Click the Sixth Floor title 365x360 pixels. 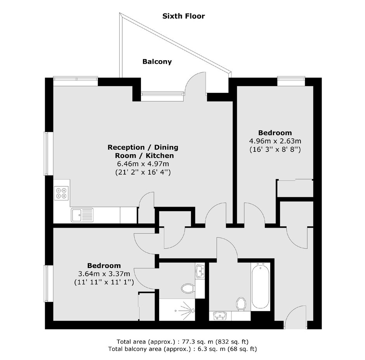click(x=183, y=16)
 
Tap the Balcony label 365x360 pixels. click(x=157, y=61)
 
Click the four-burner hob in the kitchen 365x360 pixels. click(x=61, y=193)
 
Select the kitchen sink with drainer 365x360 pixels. click(x=82, y=215)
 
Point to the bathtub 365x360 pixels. click(x=261, y=287)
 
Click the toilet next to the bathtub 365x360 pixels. click(x=241, y=304)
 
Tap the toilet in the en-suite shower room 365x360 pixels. click(x=188, y=288)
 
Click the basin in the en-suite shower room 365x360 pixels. click(x=200, y=271)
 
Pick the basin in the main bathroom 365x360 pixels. click(x=220, y=316)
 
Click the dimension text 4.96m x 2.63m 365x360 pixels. click(x=275, y=141)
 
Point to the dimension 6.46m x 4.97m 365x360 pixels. click(x=143, y=164)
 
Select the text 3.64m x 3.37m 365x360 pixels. click(x=104, y=274)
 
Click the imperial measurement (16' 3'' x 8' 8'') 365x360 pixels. click(x=275, y=149)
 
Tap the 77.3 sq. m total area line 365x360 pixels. click(x=182, y=342)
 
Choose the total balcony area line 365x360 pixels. click(x=182, y=349)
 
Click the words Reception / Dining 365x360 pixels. click(x=143, y=148)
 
